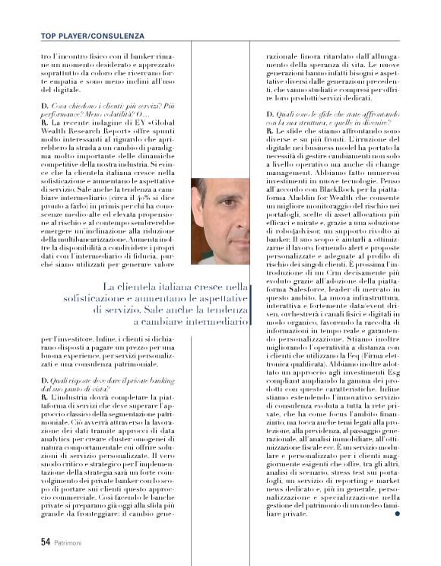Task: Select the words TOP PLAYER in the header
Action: click(x=66, y=36)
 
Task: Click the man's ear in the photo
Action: click(x=199, y=221)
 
